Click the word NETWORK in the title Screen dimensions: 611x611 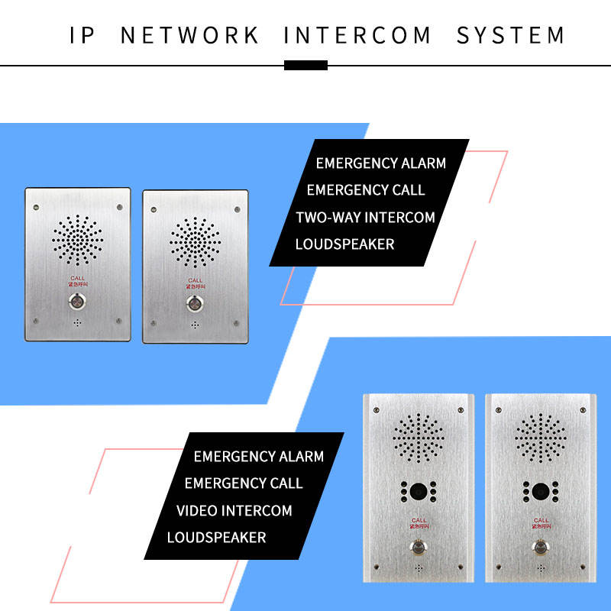point(190,35)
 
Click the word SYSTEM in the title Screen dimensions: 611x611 point(511,35)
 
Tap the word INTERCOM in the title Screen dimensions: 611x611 point(357,35)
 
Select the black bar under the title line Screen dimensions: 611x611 point(305,65)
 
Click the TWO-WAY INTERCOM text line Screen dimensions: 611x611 point(365,217)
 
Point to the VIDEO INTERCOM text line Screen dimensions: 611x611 point(234,510)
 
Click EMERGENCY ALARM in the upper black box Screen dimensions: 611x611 point(380,163)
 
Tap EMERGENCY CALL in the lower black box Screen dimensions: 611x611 point(244,483)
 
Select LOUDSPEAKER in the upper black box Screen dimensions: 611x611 point(345,244)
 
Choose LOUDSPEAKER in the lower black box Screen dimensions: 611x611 point(217,537)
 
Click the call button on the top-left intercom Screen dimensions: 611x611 point(77,301)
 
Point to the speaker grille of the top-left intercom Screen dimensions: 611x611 point(77,239)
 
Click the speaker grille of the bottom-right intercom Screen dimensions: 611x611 point(541,439)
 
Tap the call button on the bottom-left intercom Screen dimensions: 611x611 point(418,548)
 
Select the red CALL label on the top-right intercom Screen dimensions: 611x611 point(196,280)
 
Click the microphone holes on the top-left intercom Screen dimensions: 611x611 point(77,323)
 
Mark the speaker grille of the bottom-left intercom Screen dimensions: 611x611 point(419,439)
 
